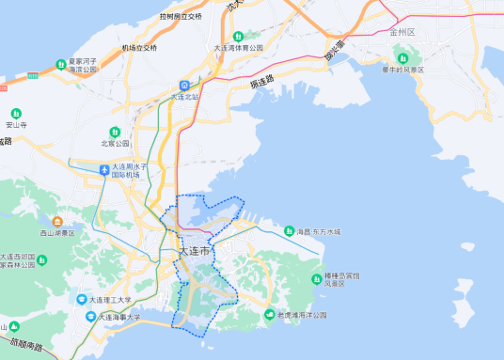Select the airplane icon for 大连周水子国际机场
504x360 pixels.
click(x=104, y=170)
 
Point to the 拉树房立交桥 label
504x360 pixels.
click(x=181, y=17)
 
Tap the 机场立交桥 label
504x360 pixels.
click(x=139, y=47)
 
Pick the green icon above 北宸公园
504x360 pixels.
click(x=115, y=132)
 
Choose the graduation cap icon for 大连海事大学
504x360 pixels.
click(x=91, y=318)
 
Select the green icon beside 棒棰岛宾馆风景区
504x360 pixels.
click(x=317, y=278)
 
